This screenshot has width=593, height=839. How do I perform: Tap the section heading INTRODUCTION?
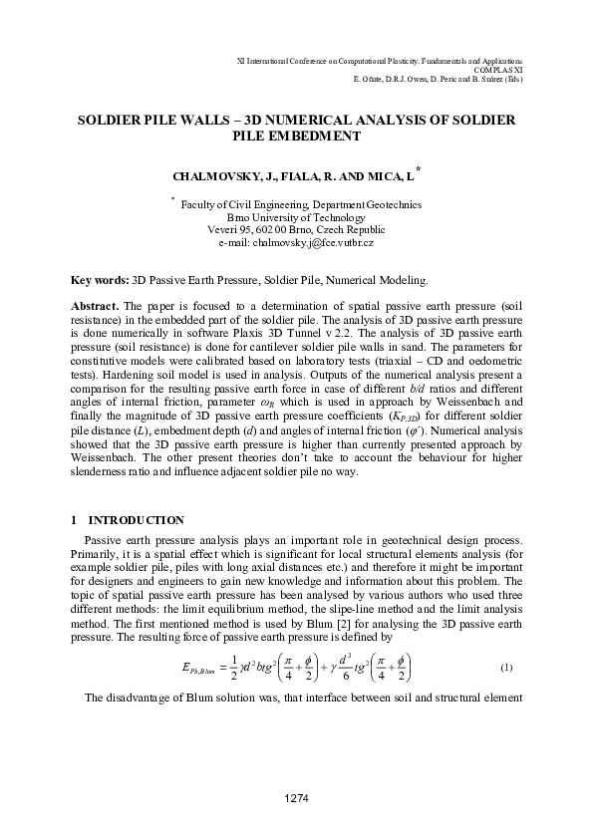137,519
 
